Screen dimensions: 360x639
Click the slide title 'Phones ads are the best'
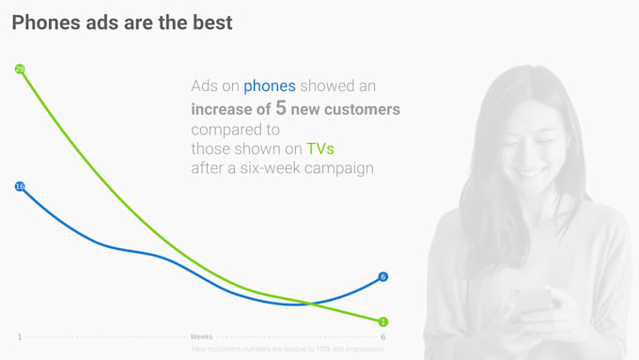click(x=121, y=23)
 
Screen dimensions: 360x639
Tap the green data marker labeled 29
click(x=20, y=69)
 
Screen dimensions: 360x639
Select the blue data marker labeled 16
click(x=20, y=186)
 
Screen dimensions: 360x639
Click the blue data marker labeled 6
click(x=382, y=276)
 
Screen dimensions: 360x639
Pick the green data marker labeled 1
click(x=382, y=321)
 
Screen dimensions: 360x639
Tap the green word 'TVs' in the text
click(x=320, y=149)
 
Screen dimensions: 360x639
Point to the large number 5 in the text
click(x=281, y=108)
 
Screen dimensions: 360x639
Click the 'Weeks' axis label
click(x=201, y=337)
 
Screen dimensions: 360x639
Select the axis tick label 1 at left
click(x=20, y=337)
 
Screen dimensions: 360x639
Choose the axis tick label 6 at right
click(x=382, y=337)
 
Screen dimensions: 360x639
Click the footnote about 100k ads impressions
click(x=288, y=349)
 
